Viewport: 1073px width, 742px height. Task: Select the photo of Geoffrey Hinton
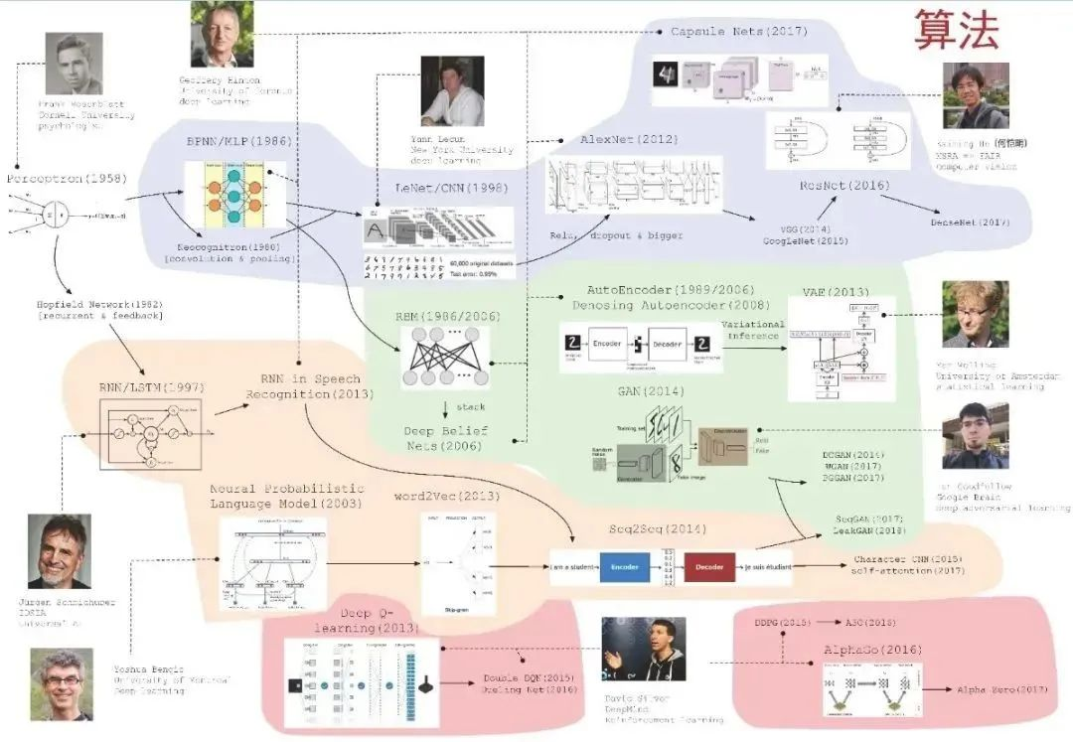coord(222,35)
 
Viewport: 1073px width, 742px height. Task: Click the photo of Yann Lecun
coord(452,90)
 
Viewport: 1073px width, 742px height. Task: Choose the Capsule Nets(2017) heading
coord(739,32)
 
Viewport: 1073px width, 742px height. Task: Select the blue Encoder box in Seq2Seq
coord(624,566)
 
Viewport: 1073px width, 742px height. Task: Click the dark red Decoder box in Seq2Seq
coord(708,566)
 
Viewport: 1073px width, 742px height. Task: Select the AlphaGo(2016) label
coord(859,649)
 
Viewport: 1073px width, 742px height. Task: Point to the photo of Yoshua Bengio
coord(62,684)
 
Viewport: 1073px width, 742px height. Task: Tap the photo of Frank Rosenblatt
coord(74,64)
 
